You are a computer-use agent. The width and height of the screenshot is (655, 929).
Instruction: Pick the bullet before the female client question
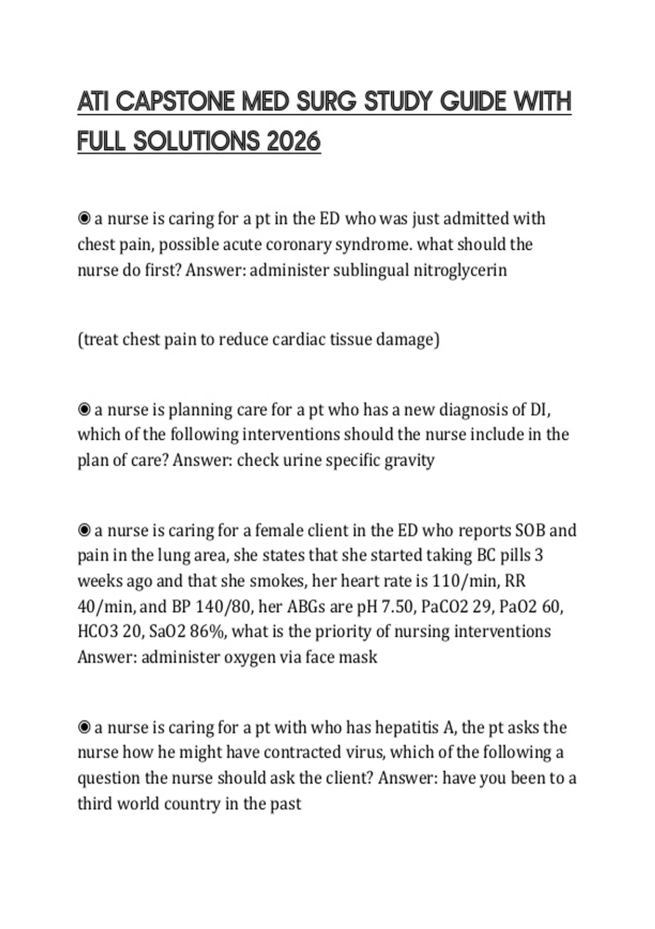click(x=84, y=530)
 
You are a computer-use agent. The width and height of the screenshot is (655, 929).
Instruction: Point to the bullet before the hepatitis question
click(x=84, y=727)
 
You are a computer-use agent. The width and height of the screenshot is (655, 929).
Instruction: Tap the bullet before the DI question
click(x=84, y=409)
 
